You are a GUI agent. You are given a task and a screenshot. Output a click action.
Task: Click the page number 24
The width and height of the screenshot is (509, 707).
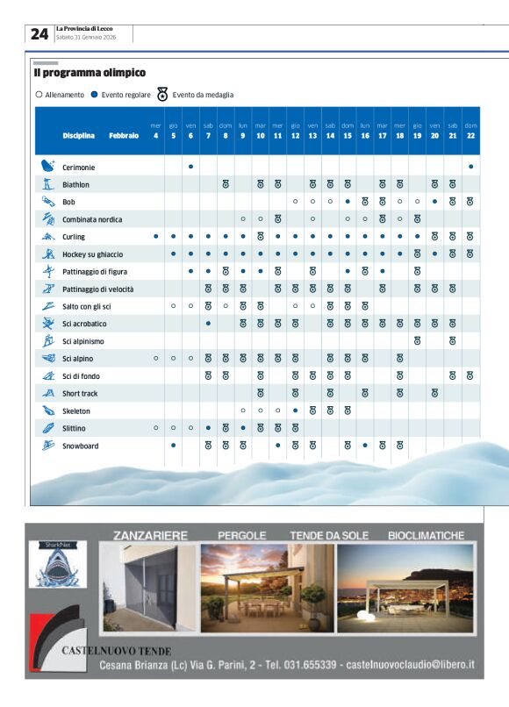[39, 34]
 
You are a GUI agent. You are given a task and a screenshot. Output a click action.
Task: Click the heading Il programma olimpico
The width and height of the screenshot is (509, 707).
[90, 73]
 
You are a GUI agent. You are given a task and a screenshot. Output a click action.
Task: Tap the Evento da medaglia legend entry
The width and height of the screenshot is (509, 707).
[195, 95]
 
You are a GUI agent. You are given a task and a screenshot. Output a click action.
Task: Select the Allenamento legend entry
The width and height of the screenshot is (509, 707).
[60, 95]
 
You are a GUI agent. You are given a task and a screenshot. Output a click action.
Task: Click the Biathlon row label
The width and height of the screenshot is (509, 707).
[75, 185]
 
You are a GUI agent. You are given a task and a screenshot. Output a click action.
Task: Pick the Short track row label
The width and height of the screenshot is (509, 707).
[80, 394]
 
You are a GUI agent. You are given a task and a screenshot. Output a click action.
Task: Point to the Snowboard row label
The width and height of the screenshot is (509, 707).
[81, 446]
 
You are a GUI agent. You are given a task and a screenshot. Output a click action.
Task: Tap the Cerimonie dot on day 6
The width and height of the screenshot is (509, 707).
[190, 167]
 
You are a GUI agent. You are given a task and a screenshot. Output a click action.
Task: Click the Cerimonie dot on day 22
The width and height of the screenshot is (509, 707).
[470, 167]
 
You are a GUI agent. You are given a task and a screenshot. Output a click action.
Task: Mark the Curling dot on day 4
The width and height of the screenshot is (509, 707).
[156, 237]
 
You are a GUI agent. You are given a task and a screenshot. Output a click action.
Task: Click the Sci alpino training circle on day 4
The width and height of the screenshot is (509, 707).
[156, 359]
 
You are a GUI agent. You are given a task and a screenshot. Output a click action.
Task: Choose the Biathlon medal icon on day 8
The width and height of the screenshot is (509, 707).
[226, 185]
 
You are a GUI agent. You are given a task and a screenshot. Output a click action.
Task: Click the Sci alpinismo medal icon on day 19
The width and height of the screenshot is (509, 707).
[418, 341]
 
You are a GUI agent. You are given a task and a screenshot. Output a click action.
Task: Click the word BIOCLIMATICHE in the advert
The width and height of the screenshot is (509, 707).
[427, 534]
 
